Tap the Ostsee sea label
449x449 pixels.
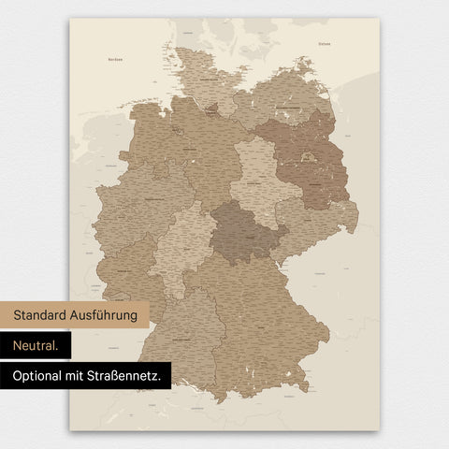325,43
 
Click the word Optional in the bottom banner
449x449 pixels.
38,376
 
